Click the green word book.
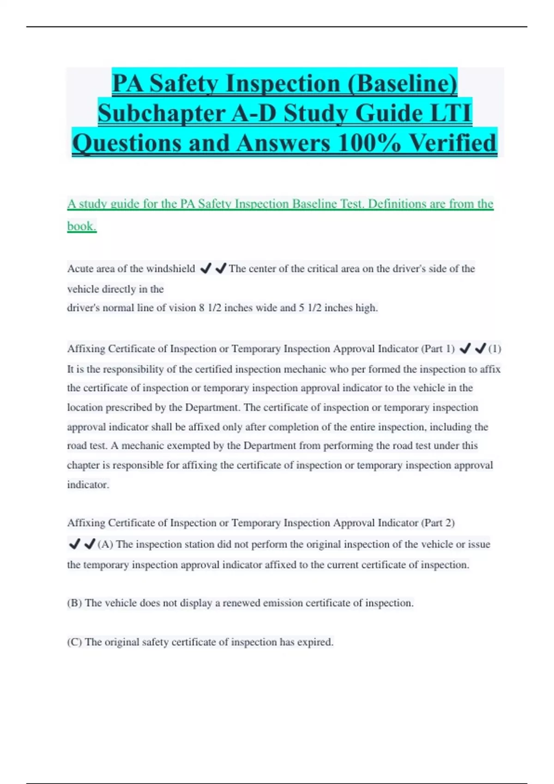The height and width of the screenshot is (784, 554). pyautogui.click(x=82, y=226)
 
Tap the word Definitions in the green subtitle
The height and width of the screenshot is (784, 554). pyautogui.click(x=397, y=204)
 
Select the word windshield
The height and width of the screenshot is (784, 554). pyautogui.click(x=170, y=268)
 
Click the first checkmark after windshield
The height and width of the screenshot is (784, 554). pyautogui.click(x=205, y=268)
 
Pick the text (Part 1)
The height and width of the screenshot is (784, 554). pyautogui.click(x=438, y=349)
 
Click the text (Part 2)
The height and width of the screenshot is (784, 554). pyautogui.click(x=438, y=523)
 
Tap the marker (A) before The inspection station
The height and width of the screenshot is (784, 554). pyautogui.click(x=105, y=544)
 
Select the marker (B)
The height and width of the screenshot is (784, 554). pyautogui.click(x=74, y=603)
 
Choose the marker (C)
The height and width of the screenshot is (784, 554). pyautogui.click(x=74, y=642)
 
